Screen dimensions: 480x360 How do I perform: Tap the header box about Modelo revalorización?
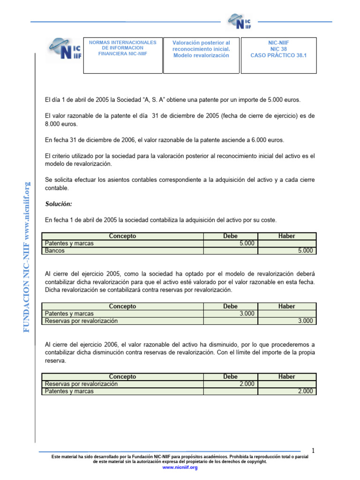point(201,55)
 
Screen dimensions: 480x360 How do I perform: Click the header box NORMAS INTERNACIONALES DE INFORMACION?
point(123,55)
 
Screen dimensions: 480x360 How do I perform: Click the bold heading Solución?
point(59,204)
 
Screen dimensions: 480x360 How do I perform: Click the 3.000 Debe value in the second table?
point(247,314)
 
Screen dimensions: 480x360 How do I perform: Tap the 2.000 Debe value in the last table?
point(247,384)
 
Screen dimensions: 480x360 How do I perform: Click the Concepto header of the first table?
point(122,236)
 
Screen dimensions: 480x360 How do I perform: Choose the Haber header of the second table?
point(286,307)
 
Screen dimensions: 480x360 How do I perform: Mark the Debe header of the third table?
point(231,377)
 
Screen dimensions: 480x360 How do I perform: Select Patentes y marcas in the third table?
point(69,391)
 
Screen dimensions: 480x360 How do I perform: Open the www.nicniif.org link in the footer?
point(180,468)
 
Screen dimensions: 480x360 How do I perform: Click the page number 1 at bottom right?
point(313,451)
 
